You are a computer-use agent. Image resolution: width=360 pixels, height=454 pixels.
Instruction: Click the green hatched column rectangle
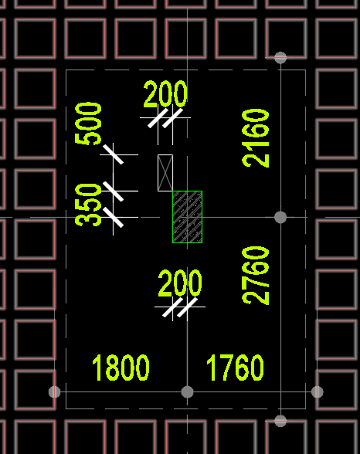point(188,217)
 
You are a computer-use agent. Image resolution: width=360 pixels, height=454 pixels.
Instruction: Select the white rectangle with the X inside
point(165,173)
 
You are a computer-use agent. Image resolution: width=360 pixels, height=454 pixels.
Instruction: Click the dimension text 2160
point(256,138)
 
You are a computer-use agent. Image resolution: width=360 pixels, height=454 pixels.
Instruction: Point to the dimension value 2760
point(256,276)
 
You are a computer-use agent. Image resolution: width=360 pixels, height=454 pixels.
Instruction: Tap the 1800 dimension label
point(121,368)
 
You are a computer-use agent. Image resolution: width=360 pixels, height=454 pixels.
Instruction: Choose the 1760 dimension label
point(235,368)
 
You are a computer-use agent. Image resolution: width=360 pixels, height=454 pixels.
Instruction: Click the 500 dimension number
point(88,124)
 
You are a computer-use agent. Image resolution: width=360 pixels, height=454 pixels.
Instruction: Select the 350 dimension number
point(88,205)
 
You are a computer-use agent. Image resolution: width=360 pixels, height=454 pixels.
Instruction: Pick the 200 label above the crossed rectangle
point(165,94)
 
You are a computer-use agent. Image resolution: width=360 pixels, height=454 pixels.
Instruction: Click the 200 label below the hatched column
point(180,283)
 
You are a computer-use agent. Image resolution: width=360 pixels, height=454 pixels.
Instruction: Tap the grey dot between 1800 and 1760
point(187,392)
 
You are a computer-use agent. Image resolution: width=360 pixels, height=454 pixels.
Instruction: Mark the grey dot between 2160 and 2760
point(280,217)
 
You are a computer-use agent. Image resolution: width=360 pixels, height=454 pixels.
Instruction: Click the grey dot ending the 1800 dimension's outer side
point(54,392)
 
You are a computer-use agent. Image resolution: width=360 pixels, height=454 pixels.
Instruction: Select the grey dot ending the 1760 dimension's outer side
point(318,392)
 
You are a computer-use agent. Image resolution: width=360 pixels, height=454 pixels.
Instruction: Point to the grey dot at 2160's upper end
point(280,58)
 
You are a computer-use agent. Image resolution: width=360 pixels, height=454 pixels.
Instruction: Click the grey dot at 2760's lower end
point(280,421)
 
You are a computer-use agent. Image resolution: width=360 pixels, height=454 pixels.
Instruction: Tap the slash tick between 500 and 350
point(114,191)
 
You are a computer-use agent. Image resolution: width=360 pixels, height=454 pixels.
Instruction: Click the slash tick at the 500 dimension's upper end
point(114,154)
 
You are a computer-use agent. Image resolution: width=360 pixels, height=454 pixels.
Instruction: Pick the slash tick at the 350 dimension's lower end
point(114,217)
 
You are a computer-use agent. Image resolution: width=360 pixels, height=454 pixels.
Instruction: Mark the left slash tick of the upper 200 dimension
point(158,118)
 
